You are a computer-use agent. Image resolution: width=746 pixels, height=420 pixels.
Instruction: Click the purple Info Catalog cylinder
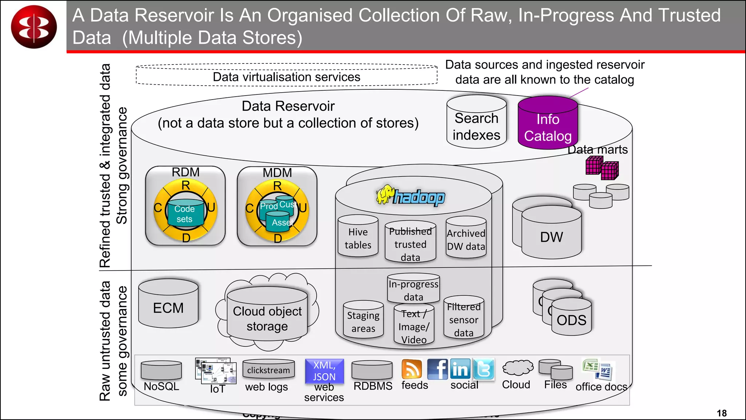[x=547, y=124]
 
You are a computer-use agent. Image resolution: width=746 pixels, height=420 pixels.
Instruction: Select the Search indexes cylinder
[x=476, y=124]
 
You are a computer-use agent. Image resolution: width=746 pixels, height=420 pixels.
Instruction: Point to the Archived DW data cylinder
[x=466, y=238]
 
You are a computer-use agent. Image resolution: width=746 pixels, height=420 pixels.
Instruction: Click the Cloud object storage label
[x=267, y=318]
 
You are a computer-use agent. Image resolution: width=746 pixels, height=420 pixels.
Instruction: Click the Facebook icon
[x=437, y=369]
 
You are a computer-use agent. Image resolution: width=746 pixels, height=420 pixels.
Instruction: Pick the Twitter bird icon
[x=484, y=369]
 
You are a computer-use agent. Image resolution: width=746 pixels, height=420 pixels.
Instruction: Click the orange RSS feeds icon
[x=412, y=369]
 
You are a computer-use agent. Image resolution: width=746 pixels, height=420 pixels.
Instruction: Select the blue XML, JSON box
[x=324, y=371]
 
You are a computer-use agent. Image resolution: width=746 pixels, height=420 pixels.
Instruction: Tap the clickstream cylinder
[x=268, y=369]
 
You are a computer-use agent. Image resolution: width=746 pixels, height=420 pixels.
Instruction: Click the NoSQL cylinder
[x=161, y=371]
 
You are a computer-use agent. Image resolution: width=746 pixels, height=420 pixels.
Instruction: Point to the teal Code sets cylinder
[x=184, y=213]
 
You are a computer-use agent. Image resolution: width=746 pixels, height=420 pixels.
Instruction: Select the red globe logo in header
[x=34, y=27]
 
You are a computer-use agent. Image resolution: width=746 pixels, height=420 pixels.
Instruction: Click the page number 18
[x=722, y=413]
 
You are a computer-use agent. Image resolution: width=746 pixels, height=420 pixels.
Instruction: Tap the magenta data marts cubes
[x=602, y=168]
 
